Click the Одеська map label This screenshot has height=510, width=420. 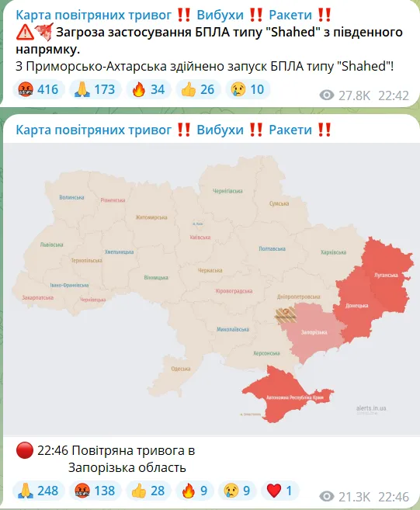(181, 368)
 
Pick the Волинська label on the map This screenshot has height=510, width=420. (71, 197)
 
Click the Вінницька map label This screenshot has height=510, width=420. (155, 277)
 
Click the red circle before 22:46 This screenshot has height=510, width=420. (24, 450)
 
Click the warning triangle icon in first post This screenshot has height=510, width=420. (25, 32)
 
